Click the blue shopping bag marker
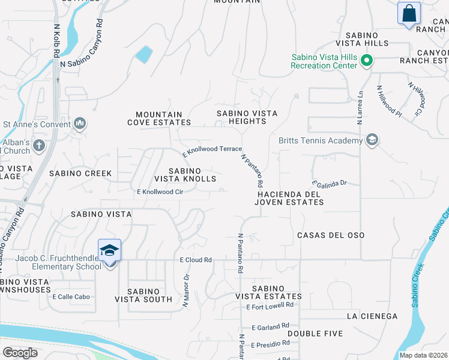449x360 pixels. tap(408, 13)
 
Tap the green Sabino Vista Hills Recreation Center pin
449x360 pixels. tap(366, 61)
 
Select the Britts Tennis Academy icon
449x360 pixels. tap(372, 140)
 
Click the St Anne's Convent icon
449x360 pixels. tap(80, 124)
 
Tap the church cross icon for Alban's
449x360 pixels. tap(39, 145)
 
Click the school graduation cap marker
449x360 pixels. tap(110, 250)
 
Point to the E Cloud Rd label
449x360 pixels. tap(196, 260)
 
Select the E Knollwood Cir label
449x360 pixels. tap(160, 192)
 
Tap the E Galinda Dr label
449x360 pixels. tap(330, 182)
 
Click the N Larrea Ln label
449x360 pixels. tap(360, 107)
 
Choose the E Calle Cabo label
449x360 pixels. tap(71, 296)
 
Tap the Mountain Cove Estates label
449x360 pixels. tap(159, 118)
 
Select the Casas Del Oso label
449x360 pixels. tap(331, 235)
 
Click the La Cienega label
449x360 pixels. tap(372, 316)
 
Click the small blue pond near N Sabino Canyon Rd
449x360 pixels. tap(143, 55)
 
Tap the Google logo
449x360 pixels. tap(20, 353)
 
